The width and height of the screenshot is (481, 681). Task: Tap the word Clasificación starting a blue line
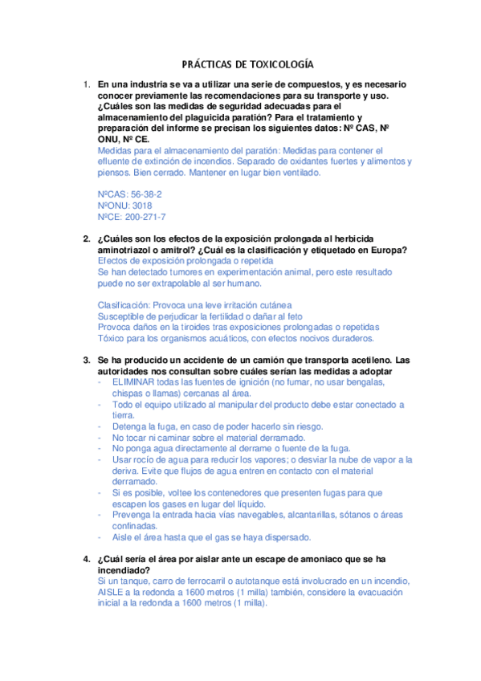pos(126,305)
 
